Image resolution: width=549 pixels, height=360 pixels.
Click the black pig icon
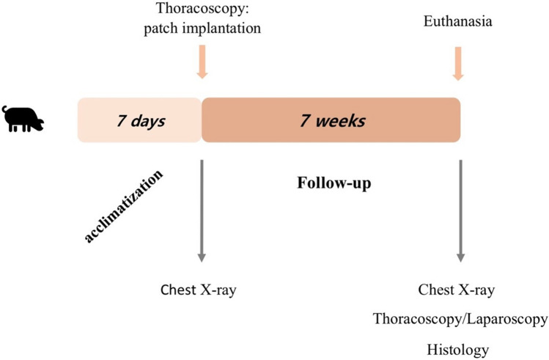tap(23, 119)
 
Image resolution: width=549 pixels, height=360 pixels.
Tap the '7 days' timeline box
tap(139, 120)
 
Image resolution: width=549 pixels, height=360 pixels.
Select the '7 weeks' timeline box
tap(331, 120)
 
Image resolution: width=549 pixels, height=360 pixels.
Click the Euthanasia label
tap(457, 23)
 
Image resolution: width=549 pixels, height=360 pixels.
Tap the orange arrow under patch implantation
tap(202, 62)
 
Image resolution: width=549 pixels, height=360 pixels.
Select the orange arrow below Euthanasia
tap(458, 65)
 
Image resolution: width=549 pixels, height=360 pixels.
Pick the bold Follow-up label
tap(334, 183)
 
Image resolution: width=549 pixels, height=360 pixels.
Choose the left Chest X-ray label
tap(198, 289)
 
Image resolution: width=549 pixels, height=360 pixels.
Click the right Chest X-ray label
tap(457, 289)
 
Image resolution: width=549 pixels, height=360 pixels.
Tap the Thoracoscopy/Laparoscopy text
tap(460, 319)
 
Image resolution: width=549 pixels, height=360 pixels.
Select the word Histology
tap(459, 349)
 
